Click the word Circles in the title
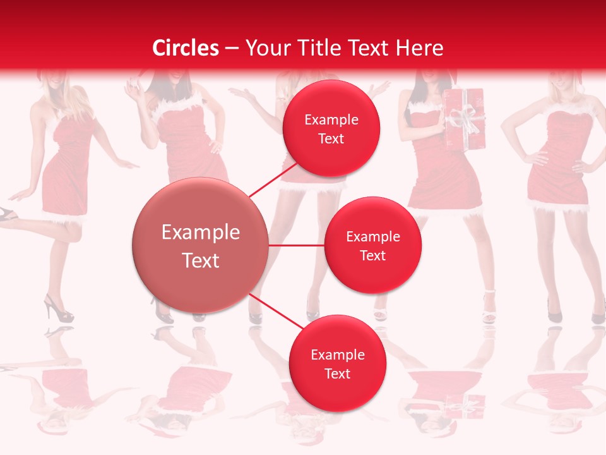click(186, 48)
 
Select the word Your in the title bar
click(268, 48)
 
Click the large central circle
click(200, 245)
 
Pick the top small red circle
click(331, 128)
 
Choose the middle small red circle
click(372, 245)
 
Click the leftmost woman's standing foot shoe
click(57, 310)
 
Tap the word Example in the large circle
click(200, 233)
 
